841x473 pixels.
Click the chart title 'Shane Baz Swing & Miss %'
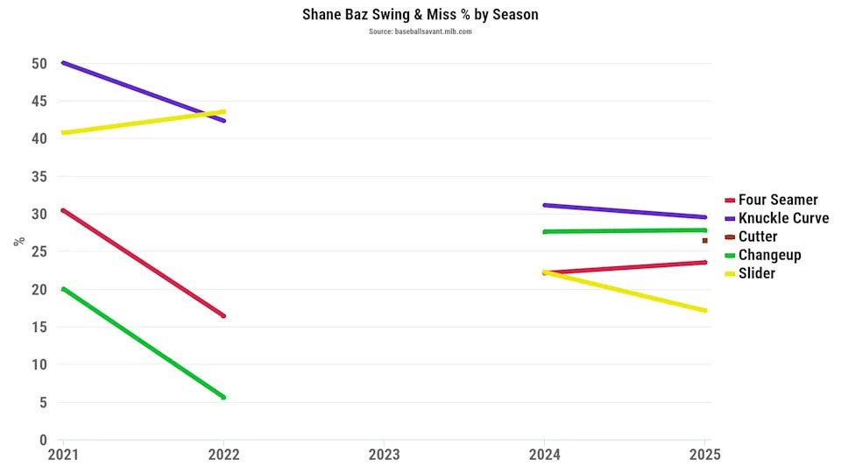[x=420, y=15]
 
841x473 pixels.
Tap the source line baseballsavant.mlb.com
[x=420, y=32]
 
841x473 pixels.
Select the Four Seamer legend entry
[x=778, y=200]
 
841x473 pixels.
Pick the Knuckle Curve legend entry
[x=783, y=218]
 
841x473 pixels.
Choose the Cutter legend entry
[x=758, y=236]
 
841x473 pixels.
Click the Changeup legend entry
[x=769, y=255]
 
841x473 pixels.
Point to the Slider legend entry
[x=757, y=273]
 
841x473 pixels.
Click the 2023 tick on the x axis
[x=384, y=455]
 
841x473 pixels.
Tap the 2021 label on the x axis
[x=62, y=455]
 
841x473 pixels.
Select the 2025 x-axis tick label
[x=704, y=455]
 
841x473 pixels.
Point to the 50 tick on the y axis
[x=38, y=63]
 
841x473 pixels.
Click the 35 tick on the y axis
[x=38, y=176]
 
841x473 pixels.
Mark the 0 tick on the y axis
[x=41, y=440]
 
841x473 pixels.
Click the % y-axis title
[x=18, y=242]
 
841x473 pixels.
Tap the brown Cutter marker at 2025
[x=704, y=240]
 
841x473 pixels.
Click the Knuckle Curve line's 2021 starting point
[x=63, y=63]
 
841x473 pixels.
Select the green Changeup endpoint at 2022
[x=223, y=397]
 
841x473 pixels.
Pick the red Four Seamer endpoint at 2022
[x=223, y=315]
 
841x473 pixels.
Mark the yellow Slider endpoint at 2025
[x=704, y=310]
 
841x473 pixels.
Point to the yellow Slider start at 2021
[x=63, y=132]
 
